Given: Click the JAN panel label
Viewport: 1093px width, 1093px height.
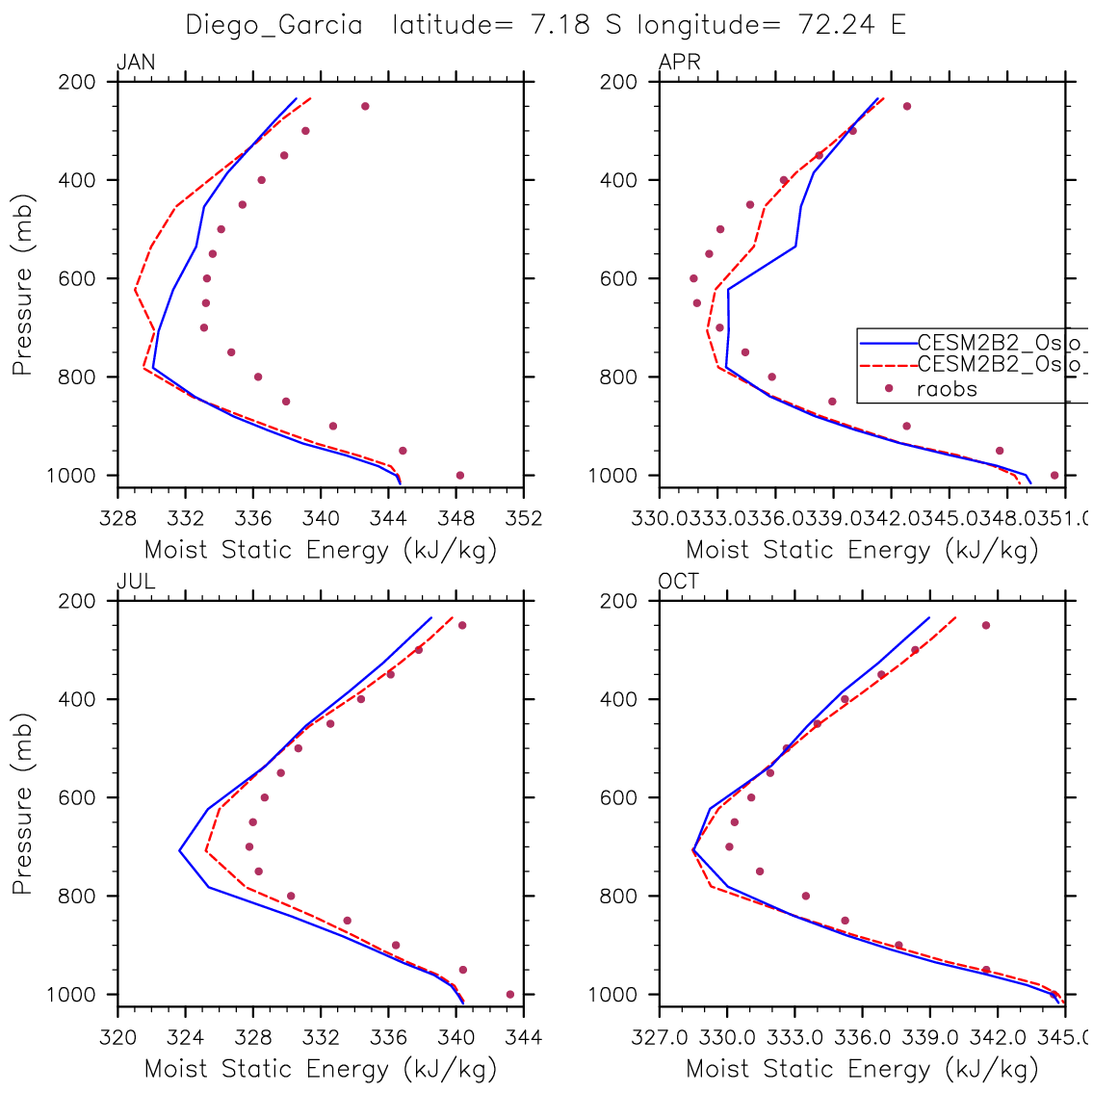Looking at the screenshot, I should point(136,64).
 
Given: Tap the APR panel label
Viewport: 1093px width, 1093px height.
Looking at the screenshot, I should point(679,64).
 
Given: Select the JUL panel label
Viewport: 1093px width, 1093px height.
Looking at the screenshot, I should point(136,582).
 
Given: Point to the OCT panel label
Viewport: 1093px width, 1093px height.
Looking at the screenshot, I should point(679,582).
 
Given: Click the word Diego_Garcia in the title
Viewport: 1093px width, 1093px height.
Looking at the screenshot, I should point(274,25).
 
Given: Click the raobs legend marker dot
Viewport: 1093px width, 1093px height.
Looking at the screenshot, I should point(889,389).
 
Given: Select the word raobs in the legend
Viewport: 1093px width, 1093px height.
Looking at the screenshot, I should point(948,389).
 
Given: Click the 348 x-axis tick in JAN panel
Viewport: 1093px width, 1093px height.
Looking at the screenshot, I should point(456,519).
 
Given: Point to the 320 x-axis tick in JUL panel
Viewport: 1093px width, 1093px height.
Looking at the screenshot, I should point(117,1037).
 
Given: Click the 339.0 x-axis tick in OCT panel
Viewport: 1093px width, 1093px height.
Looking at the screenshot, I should point(929,1037).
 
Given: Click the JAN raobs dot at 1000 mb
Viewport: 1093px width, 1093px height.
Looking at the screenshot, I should point(460,476).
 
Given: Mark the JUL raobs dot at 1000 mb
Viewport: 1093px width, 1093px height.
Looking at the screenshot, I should point(510,995).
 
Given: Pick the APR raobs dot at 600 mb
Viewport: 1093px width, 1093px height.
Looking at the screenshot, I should point(693,278).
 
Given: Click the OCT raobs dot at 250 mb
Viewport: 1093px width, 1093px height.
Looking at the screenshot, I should point(986,626).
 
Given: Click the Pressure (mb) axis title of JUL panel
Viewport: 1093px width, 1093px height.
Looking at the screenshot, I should point(23,804).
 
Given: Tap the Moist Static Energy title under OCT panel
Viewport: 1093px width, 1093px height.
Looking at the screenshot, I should point(862,1069).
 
